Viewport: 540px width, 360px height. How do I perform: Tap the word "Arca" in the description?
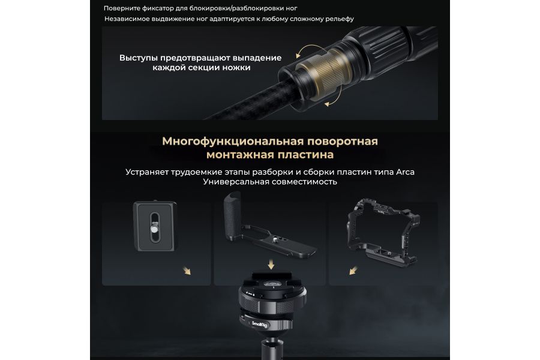pos(405,172)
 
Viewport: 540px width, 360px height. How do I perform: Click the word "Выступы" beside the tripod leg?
pos(139,58)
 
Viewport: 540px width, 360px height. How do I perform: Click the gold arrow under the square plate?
pos(187,271)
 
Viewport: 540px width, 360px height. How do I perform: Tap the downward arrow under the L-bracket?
pos(272,265)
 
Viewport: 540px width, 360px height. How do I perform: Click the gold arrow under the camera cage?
pos(348,271)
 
